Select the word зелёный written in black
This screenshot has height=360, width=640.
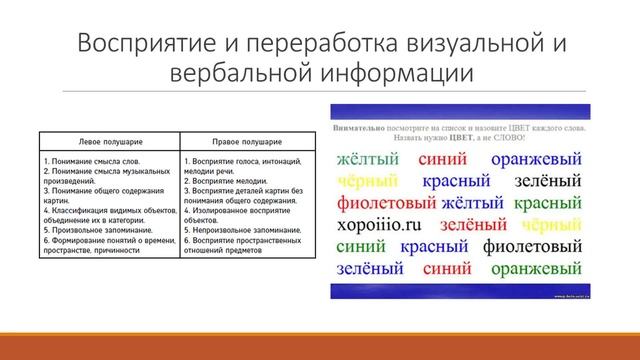pos(548,182)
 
